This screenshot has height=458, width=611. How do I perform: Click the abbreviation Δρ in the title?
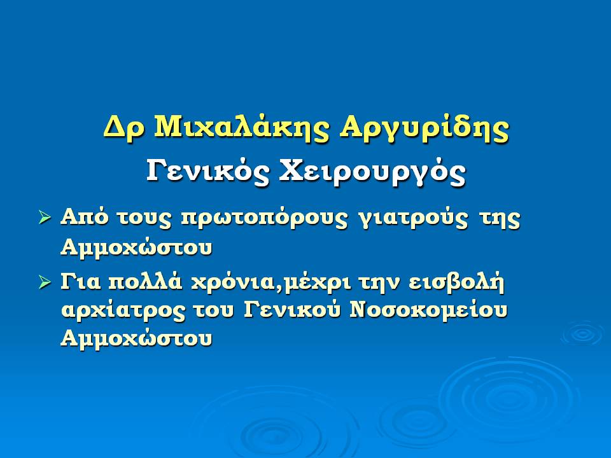(x=124, y=128)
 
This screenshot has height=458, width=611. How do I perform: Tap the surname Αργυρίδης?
(x=424, y=127)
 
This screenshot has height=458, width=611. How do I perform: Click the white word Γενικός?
(x=207, y=171)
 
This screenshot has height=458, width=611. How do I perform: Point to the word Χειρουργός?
(x=372, y=172)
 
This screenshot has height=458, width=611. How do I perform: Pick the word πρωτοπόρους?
(x=264, y=218)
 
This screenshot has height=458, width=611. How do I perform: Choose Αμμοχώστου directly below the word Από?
(x=136, y=247)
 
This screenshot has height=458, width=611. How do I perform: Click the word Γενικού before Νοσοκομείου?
(x=293, y=310)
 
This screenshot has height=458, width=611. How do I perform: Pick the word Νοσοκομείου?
(x=428, y=310)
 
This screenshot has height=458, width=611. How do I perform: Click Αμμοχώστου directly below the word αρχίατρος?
(x=136, y=338)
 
